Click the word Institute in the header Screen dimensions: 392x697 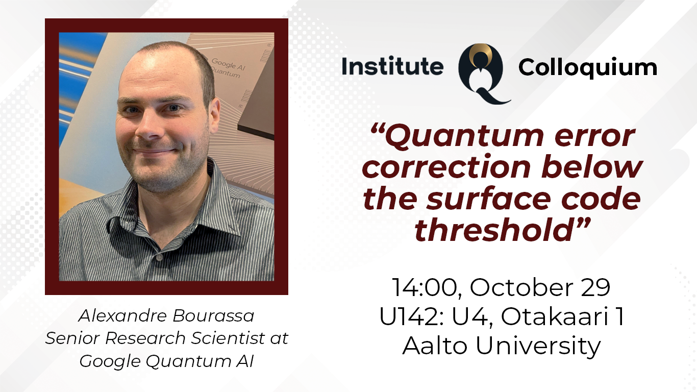click(x=392, y=67)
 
